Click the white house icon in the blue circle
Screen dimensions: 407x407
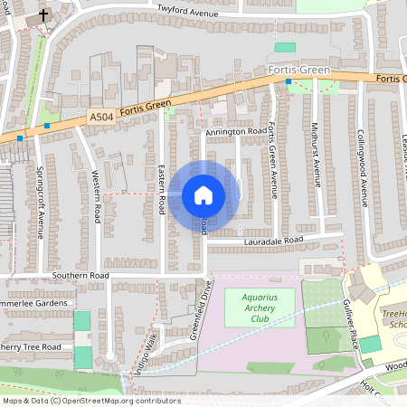(203, 194)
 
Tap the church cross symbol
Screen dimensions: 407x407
(43, 16)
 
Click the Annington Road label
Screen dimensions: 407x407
(232, 132)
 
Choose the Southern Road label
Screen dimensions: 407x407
(80, 274)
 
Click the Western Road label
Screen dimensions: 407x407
(96, 198)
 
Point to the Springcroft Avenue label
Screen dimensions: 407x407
(40, 203)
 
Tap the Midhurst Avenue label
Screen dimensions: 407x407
(317, 153)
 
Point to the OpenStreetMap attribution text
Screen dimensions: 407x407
(91, 401)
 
